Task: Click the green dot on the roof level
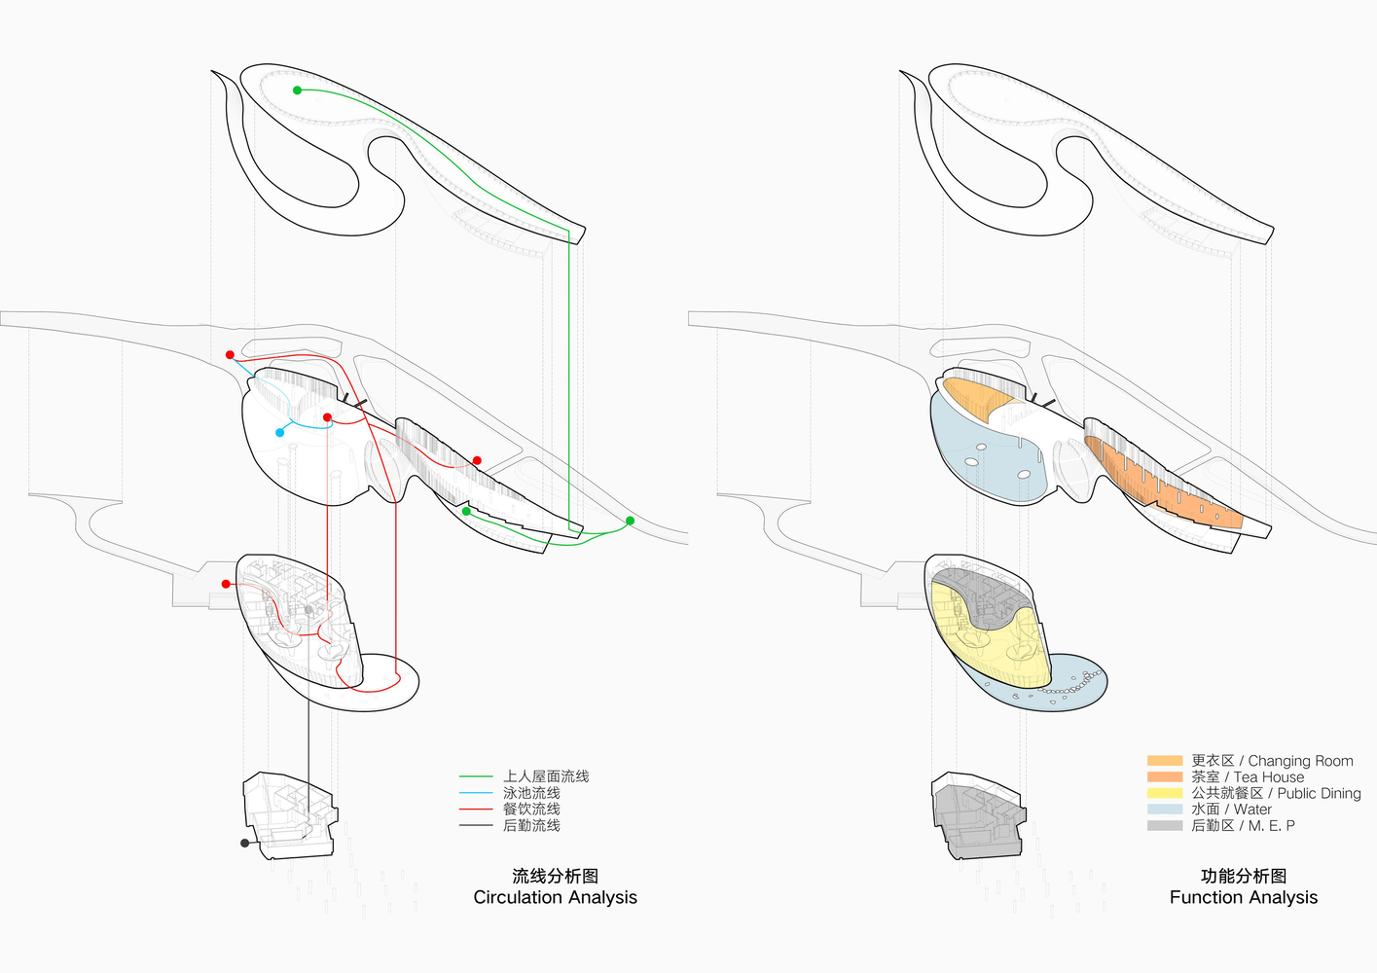pos(298,90)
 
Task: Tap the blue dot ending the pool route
pos(280,432)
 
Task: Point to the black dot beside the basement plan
pos(245,843)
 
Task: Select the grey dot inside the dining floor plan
pos(308,610)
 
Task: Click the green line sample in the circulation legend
pos(476,776)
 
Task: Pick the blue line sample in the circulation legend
pos(476,793)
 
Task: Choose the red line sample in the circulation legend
pos(476,810)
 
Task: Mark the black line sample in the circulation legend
pos(476,826)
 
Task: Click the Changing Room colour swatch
pos(1165,761)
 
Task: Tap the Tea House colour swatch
pos(1165,777)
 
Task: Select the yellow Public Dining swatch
pos(1165,793)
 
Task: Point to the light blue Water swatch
pos(1165,810)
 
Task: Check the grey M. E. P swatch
pos(1165,825)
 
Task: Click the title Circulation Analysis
pos(555,897)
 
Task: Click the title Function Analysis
pos(1244,897)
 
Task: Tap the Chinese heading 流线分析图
pos(555,876)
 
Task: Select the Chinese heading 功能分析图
pos(1244,876)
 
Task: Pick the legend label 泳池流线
pos(531,793)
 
